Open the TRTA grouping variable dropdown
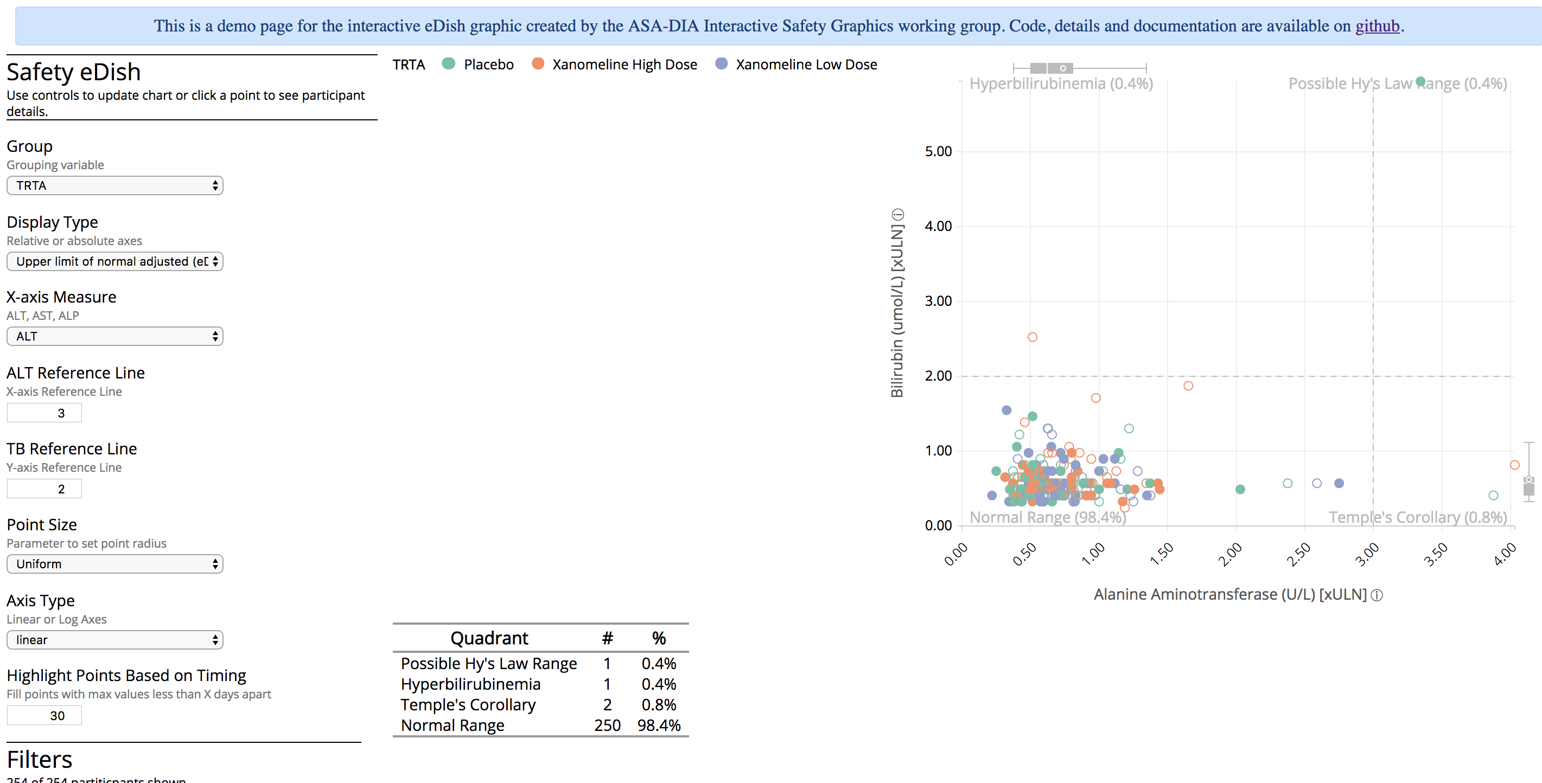(x=114, y=185)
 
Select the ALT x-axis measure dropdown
(x=114, y=336)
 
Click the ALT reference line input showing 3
(x=44, y=413)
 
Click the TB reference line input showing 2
(x=44, y=489)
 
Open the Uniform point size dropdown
(x=114, y=564)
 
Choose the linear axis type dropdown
(x=114, y=640)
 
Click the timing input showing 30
(x=44, y=715)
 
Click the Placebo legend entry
(x=488, y=65)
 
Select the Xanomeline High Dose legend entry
(x=624, y=65)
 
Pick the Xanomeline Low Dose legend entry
(x=806, y=65)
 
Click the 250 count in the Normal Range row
(x=607, y=726)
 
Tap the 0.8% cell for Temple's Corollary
(x=659, y=704)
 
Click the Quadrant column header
(x=489, y=638)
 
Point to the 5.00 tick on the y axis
(x=938, y=151)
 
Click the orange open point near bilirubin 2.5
(x=1032, y=337)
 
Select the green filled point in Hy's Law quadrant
(x=1420, y=81)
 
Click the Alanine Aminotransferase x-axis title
(x=1229, y=595)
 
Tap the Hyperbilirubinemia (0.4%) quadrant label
(x=1061, y=84)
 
